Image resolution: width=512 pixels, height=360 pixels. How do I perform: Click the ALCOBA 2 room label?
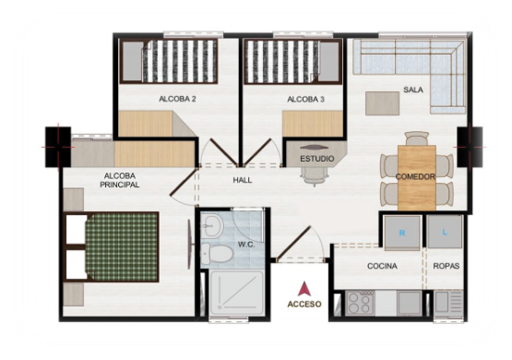[x=177, y=99]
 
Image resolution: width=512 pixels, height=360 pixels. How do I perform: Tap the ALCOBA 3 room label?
[x=305, y=100]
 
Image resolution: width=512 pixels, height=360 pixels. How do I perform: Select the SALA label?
[x=413, y=90]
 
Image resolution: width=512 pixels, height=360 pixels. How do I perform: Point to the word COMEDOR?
[x=415, y=176]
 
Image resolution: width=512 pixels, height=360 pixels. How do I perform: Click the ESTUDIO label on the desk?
[x=317, y=159]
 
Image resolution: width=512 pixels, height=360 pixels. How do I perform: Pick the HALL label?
[x=243, y=180]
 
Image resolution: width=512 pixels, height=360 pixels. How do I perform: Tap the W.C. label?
[x=246, y=245]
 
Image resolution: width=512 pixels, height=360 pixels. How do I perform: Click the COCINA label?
[x=382, y=266]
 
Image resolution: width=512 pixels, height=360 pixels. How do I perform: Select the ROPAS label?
[x=447, y=266]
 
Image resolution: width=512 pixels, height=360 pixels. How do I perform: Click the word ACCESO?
[x=304, y=304]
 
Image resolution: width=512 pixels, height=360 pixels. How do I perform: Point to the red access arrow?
[x=304, y=289]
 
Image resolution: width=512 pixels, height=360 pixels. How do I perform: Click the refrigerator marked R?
[x=402, y=233]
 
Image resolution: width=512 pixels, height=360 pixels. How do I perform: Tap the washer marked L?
[x=445, y=232]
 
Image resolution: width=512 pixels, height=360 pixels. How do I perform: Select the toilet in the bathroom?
[x=216, y=254]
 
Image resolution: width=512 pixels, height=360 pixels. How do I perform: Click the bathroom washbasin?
[x=211, y=226]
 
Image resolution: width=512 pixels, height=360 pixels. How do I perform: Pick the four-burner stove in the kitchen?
[x=359, y=304]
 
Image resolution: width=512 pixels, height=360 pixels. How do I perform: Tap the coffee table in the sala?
[x=382, y=103]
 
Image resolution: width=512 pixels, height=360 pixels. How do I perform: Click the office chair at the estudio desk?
[x=314, y=175]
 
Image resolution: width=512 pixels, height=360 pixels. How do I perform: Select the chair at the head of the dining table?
[x=416, y=138]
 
